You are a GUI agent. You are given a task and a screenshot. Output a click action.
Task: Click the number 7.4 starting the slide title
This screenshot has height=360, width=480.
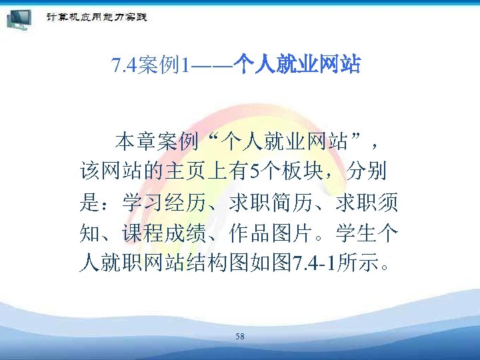(x=125, y=66)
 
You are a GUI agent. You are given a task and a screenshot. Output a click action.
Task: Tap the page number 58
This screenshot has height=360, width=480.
(x=240, y=337)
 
